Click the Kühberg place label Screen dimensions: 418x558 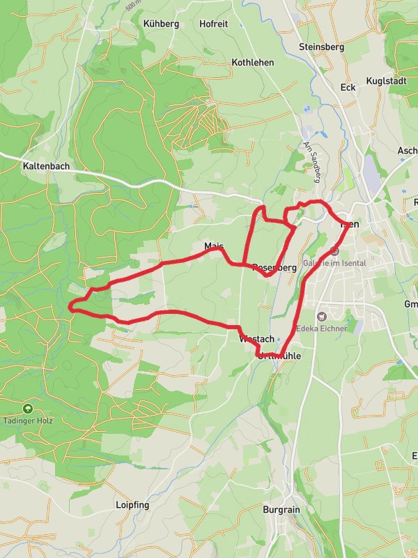pos(161,24)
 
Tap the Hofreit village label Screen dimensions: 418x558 pos(213,24)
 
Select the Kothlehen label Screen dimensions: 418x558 pos(252,63)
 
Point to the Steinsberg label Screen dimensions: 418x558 pos(321,47)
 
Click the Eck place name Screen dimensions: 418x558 pos(348,87)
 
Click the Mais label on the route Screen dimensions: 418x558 pos(213,247)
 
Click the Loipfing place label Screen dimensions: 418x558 pos(132,504)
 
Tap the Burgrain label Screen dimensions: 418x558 pos(281,510)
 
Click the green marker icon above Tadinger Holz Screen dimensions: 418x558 pos(28,407)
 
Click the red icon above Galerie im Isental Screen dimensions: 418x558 pos(334,250)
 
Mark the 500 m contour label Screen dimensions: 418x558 pos(132,6)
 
